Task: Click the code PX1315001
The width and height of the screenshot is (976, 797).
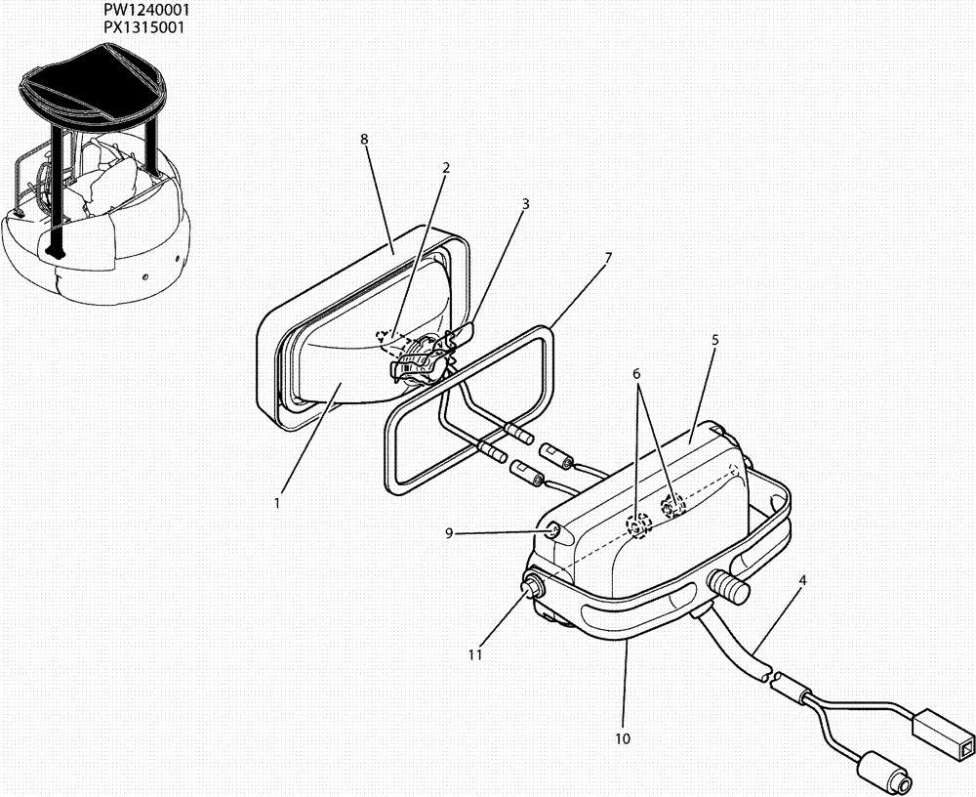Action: click(145, 25)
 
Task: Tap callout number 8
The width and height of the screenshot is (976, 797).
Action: click(364, 140)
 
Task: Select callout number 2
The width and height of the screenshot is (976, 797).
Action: click(446, 168)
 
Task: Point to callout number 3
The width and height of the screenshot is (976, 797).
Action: click(525, 204)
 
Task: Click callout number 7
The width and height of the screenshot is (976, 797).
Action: click(607, 258)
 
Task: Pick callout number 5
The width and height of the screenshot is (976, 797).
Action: click(714, 340)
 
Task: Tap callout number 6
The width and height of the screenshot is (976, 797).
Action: click(636, 374)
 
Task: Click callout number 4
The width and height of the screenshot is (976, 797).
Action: click(802, 580)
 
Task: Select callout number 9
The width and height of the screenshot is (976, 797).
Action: click(449, 533)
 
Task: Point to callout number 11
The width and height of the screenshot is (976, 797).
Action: click(475, 655)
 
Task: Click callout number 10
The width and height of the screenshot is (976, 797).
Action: click(623, 738)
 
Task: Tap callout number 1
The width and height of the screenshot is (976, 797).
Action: click(277, 504)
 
